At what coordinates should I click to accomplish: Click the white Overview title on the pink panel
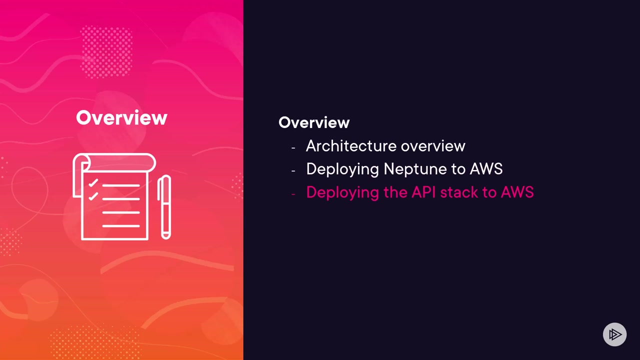coord(121,118)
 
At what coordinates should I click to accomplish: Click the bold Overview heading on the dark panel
coord(314,122)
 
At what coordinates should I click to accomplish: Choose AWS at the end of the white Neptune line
coord(486,169)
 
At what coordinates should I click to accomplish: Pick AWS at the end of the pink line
coord(517,192)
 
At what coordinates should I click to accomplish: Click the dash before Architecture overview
coord(293,147)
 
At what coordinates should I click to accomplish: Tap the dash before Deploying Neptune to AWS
coord(293,170)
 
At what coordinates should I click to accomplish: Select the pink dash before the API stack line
coord(293,193)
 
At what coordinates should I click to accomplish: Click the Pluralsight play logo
coord(614,334)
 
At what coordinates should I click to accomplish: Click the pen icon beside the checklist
coord(164,207)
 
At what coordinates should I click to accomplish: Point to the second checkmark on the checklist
coord(93,197)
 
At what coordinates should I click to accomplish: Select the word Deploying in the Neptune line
coord(342,169)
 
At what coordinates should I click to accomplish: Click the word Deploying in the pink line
coord(342,192)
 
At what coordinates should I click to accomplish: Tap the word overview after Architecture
coord(433,146)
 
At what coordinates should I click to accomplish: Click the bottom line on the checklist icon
coord(121,226)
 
